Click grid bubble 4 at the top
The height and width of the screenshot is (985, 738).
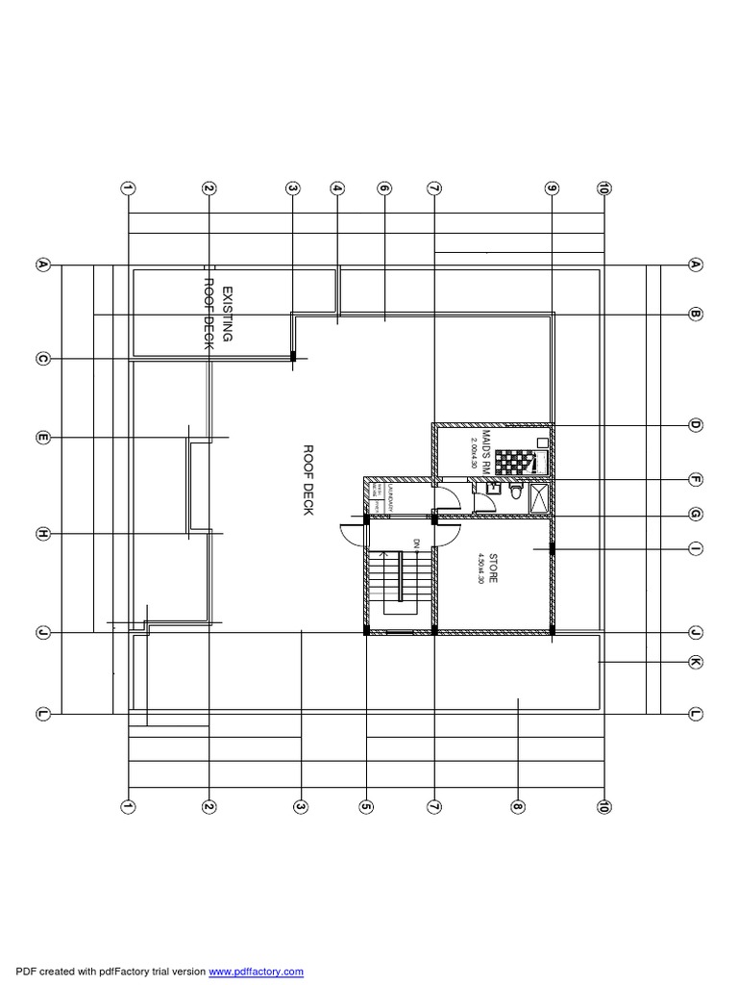pyautogui.click(x=337, y=189)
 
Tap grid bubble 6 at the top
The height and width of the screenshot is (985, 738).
pyautogui.click(x=383, y=189)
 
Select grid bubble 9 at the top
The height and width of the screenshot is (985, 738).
pyautogui.click(x=552, y=189)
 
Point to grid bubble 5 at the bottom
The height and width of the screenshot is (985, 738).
pyautogui.click(x=366, y=807)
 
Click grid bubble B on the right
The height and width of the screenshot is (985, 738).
pyautogui.click(x=695, y=314)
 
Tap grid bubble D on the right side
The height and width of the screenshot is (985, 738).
pyautogui.click(x=695, y=424)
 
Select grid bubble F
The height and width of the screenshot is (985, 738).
pyautogui.click(x=695, y=479)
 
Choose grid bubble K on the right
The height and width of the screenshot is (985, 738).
pyautogui.click(x=695, y=662)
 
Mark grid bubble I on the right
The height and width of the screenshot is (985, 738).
pyautogui.click(x=695, y=548)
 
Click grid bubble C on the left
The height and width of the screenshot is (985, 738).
pyautogui.click(x=42, y=360)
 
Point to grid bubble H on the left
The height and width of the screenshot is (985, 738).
pyautogui.click(x=42, y=534)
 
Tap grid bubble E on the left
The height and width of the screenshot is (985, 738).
pyautogui.click(x=42, y=439)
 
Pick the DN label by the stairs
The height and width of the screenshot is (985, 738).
pyautogui.click(x=417, y=543)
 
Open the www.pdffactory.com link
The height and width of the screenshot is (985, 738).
pyautogui.click(x=256, y=972)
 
